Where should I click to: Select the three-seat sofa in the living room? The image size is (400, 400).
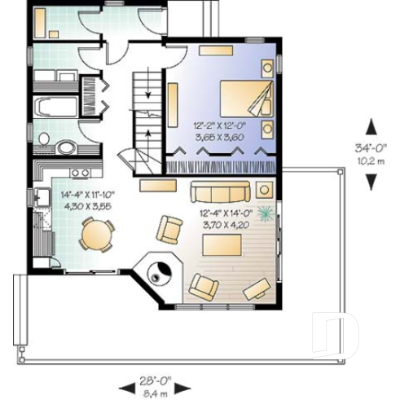click(x=220, y=193)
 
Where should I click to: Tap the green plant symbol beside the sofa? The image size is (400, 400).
click(x=266, y=213)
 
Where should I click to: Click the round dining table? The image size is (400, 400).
click(x=95, y=237)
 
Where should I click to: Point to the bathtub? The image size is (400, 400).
click(x=55, y=106)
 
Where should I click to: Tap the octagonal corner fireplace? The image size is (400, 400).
click(x=158, y=273)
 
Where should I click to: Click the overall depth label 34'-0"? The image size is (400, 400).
click(x=370, y=148)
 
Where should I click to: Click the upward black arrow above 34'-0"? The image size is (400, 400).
click(x=371, y=125)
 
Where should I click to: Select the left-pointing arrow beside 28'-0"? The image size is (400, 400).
click(x=126, y=385)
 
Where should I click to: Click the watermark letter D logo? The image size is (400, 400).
click(x=336, y=334)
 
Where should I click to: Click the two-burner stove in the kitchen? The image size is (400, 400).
click(x=80, y=172)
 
